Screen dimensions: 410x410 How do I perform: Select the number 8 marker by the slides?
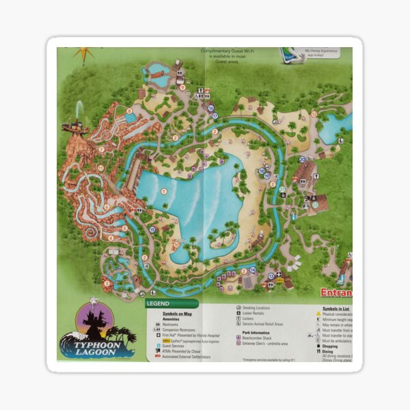[128, 111]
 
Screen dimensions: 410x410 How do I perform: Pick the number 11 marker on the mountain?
[100, 167]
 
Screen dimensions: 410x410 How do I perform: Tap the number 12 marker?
[314, 114]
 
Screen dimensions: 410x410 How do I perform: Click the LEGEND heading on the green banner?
[158, 303]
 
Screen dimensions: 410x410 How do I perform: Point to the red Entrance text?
[336, 292]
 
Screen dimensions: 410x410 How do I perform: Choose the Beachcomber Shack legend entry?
[259, 338]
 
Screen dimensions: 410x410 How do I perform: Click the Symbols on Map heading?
[179, 314]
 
